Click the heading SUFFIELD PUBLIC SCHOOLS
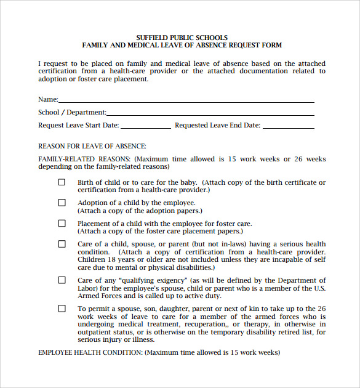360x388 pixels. [182, 38]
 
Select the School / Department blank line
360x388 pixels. [210, 112]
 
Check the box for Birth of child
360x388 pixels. [62, 182]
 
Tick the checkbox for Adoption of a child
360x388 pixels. [62, 203]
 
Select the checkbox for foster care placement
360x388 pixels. [62, 224]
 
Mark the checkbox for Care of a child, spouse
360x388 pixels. [62, 244]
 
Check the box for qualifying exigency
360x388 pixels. [62, 280]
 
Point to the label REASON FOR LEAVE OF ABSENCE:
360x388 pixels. [92, 146]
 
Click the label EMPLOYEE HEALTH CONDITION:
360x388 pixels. [90, 353]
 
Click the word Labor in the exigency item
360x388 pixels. [87, 288]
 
